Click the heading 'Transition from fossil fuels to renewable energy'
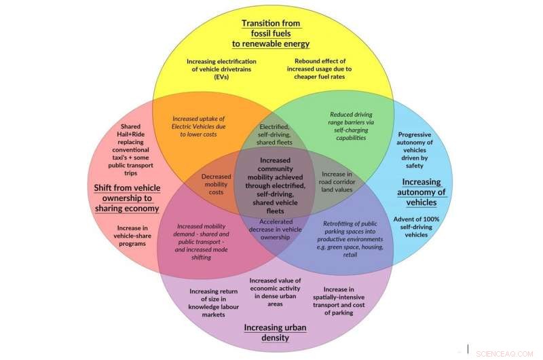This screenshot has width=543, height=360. pos(271,33)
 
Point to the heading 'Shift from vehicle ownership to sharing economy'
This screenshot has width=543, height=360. pos(127,197)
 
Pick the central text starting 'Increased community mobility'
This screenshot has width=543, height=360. pos(272,185)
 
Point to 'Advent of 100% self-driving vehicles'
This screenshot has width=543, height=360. pos(418,226)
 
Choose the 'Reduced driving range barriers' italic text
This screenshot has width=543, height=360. pos(351,126)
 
